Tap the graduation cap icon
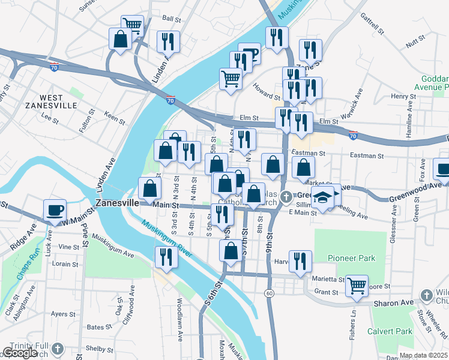pyautogui.click(x=324, y=197)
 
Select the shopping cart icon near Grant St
pyautogui.click(x=357, y=286)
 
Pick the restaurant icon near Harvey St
pyautogui.click(x=300, y=260)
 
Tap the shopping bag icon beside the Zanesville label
pyautogui.click(x=149, y=188)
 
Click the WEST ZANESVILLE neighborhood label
pyautogui.click(x=50, y=101)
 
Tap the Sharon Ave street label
pyautogui.click(x=394, y=304)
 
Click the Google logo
pyautogui.click(x=19, y=353)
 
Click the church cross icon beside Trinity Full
pyautogui.click(x=58, y=349)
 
